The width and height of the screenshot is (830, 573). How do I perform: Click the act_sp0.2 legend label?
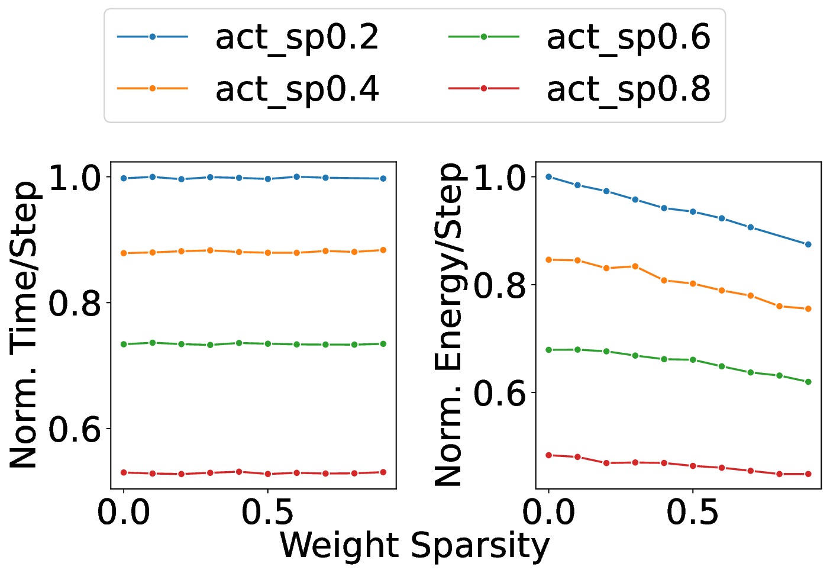click(297, 37)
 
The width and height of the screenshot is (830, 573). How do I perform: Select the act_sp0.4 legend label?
click(297, 89)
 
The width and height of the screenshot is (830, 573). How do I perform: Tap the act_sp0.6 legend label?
click(628, 37)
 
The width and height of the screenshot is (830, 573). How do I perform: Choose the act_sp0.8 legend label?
click(628, 89)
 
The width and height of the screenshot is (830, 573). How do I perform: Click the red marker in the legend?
click(483, 88)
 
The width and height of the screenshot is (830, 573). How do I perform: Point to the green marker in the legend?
click(483, 37)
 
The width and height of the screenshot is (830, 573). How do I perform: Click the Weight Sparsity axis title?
click(414, 545)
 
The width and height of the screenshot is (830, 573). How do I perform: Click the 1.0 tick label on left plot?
click(75, 177)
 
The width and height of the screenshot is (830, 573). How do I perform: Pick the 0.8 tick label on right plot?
click(500, 285)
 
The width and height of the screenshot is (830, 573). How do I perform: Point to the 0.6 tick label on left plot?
click(75, 429)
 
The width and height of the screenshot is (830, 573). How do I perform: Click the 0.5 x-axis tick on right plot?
click(692, 513)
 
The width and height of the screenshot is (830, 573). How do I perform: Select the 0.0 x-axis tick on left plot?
click(124, 513)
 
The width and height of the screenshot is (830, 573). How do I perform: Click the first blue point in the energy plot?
click(548, 177)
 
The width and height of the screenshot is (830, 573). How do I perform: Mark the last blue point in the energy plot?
click(808, 244)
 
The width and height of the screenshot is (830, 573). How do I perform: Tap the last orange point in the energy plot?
click(808, 309)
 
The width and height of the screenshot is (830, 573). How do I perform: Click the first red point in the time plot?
click(124, 472)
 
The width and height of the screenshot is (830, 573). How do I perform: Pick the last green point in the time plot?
click(383, 344)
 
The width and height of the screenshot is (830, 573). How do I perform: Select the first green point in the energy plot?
click(548, 350)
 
